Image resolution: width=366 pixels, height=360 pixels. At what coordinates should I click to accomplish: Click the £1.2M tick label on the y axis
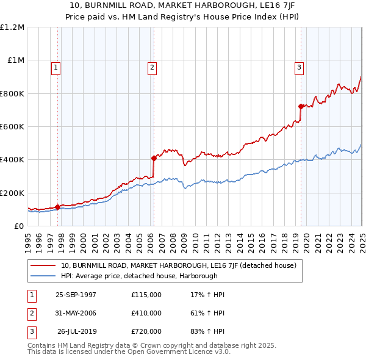(12, 27)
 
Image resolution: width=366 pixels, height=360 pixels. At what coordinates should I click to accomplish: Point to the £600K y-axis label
(12, 127)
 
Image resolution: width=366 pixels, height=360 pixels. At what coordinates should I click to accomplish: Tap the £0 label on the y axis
(20, 226)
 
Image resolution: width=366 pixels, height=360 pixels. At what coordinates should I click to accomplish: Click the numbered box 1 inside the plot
(56, 68)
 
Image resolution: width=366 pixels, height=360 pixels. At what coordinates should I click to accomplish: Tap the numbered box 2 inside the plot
(151, 68)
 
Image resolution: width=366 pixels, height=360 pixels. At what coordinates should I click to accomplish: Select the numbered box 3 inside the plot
(300, 68)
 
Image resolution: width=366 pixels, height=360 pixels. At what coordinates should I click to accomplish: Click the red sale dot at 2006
(154, 158)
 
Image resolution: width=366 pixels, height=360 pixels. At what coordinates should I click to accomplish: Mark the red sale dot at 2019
(301, 106)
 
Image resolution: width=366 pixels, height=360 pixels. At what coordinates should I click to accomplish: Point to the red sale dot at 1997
(58, 207)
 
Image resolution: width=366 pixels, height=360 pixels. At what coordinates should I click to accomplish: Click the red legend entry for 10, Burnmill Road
(178, 265)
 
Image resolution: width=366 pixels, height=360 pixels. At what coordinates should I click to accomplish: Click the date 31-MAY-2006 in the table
(76, 313)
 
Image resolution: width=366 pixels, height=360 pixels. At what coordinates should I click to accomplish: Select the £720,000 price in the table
(146, 331)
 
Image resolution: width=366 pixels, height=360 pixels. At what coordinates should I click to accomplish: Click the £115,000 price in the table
(146, 295)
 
